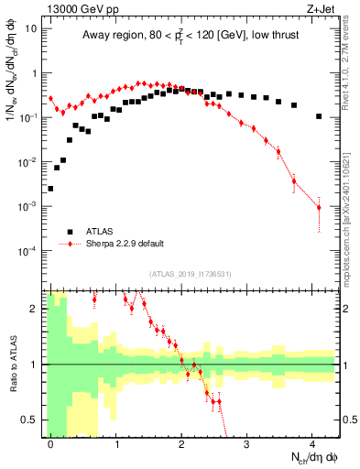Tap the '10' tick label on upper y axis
pos(31,28)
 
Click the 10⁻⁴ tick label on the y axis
pos(29,251)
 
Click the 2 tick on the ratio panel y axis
pos(34,309)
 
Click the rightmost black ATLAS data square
pos(319,116)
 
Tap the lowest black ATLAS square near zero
pos(50,189)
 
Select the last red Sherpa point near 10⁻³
pos(319,208)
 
